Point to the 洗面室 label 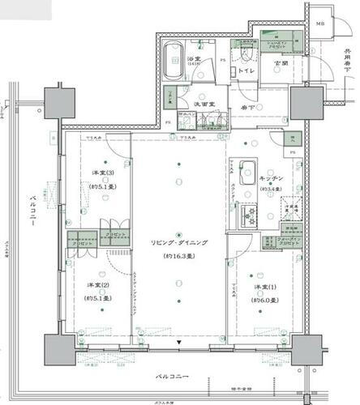pos(204,104)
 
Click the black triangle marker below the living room pos(178,343)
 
